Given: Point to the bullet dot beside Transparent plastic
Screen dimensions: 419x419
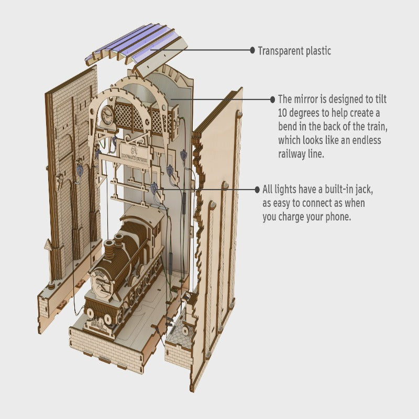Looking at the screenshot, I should (x=252, y=51).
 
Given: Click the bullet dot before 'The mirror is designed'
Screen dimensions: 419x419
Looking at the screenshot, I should (x=272, y=99).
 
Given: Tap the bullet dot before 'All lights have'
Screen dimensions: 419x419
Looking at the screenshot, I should (x=257, y=189).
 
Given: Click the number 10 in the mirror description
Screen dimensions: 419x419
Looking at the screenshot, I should (x=283, y=113).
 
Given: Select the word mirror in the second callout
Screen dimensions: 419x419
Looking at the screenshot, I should (x=308, y=99).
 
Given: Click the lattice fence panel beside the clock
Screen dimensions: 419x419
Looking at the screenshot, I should (x=130, y=116).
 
